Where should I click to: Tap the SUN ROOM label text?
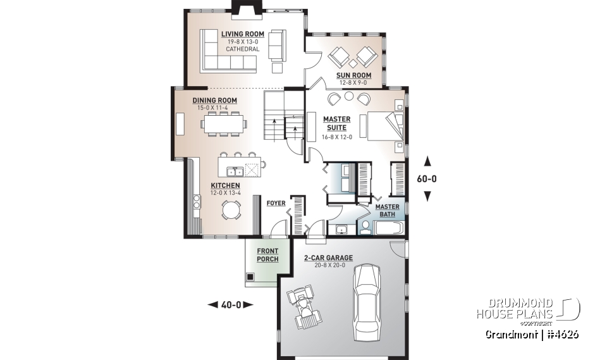point(353,75)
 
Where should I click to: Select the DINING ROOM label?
point(214,100)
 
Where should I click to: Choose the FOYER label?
point(276,203)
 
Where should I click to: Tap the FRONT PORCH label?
point(267,255)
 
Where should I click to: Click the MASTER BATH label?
point(386,211)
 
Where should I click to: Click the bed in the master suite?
point(381,125)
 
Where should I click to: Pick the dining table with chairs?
point(224,125)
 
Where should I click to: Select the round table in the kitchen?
point(231,209)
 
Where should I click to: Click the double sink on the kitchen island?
point(236,171)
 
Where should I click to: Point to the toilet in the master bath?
point(365,228)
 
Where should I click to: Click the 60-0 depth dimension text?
point(427,179)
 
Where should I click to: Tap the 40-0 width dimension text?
point(230,305)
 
